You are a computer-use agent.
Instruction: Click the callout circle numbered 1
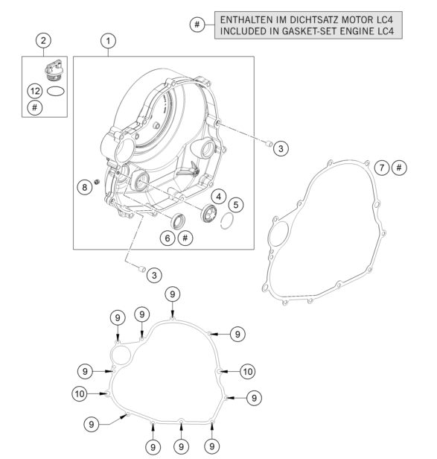pyautogui.click(x=108, y=41)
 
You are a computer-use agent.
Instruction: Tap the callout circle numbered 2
pyautogui.click(x=43, y=40)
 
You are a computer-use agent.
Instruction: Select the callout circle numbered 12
pyautogui.click(x=35, y=91)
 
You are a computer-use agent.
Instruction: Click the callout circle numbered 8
pyautogui.click(x=85, y=187)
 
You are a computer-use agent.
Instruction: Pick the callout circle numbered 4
pyautogui.click(x=219, y=197)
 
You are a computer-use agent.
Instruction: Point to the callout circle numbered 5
pyautogui.click(x=236, y=205)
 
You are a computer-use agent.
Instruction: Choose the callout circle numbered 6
pyautogui.click(x=168, y=238)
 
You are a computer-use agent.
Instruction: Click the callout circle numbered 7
pyautogui.click(x=382, y=168)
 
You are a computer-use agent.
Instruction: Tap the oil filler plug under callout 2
pyautogui.click(x=54, y=70)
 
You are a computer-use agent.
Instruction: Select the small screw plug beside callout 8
pyautogui.click(x=96, y=182)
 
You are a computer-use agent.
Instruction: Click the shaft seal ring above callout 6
pyautogui.click(x=178, y=221)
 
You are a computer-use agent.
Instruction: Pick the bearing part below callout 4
pyautogui.click(x=209, y=214)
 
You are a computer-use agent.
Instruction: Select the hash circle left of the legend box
pyautogui.click(x=197, y=25)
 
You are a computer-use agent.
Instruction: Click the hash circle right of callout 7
pyautogui.click(x=399, y=168)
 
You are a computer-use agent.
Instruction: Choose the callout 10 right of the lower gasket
pyautogui.click(x=247, y=372)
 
